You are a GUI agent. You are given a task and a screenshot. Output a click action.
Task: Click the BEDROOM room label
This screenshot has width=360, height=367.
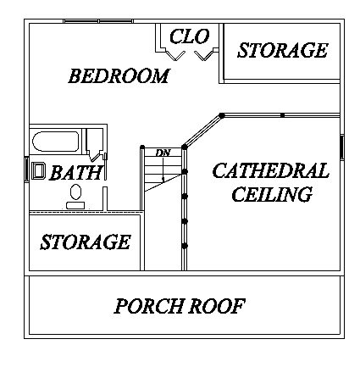pos(119,75)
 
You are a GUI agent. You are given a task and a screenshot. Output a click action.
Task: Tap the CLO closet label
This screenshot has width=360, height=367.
pos(189,36)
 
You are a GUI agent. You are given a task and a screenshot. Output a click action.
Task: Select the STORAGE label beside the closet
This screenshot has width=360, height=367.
pos(282,50)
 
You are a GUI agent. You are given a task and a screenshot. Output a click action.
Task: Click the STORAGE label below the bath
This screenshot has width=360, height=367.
pos(86,242)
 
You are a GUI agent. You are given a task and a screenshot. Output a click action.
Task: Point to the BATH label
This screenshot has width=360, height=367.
pos(75,173)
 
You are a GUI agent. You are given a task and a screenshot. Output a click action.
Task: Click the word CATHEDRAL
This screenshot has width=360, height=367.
pos(270,170)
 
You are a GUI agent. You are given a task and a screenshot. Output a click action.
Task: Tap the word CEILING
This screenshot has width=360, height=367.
pos(272,194)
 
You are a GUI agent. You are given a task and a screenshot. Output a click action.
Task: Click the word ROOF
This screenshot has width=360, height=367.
pos(216,306)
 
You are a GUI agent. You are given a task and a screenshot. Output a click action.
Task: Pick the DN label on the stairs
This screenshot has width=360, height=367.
pos(163,153)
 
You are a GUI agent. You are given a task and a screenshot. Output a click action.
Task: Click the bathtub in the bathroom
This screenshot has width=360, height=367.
pos(56,142)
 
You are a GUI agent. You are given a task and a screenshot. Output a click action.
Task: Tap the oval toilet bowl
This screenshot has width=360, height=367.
pos(75,192)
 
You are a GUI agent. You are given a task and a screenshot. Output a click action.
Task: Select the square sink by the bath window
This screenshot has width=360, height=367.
pos(38,170)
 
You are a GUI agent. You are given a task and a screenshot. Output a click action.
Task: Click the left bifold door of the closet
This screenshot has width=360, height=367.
pos(175,55)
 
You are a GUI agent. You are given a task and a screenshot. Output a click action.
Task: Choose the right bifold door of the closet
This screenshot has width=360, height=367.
pos(203,55)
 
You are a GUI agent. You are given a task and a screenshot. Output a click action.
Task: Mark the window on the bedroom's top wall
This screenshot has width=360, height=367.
pos(98,21)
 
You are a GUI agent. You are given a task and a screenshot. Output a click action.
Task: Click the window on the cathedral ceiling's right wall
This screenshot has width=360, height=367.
pos(341,147)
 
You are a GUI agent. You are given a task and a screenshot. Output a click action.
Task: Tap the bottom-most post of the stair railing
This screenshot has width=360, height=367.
pos(185,246)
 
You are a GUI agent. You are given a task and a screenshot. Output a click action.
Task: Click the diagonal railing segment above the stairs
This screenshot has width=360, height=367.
pos(203,131)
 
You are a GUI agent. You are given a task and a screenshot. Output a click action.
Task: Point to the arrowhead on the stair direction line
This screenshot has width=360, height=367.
pos(163,179)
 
